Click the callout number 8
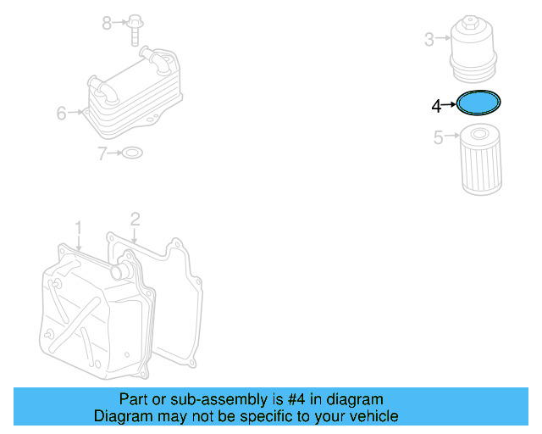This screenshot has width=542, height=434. coord(107,23)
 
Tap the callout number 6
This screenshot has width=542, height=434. coord(62,113)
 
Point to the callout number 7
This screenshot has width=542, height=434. coord(102,153)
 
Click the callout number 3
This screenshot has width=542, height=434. coord(429,39)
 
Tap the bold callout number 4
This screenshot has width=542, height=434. coord(436,106)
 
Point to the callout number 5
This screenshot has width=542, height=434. coord(438,137)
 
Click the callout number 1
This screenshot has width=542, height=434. coord(78,228)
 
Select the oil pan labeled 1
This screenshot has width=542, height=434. coord(93,314)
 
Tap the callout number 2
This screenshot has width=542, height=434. coord(135,220)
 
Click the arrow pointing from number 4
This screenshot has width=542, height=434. coord(450,106)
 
